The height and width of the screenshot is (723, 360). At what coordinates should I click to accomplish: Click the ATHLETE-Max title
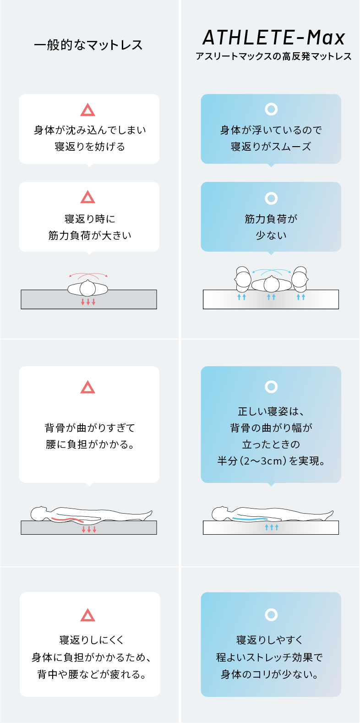pyautogui.click(x=274, y=38)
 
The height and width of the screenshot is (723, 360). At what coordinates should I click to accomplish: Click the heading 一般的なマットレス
pyautogui.click(x=88, y=45)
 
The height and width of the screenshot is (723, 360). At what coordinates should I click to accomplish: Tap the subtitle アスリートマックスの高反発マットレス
pyautogui.click(x=273, y=56)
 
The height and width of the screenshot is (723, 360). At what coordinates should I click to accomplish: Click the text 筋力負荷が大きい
pyautogui.click(x=90, y=236)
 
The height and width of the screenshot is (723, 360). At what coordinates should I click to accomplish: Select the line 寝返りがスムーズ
pyautogui.click(x=271, y=147)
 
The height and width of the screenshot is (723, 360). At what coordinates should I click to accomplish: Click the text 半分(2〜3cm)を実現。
pyautogui.click(x=271, y=460)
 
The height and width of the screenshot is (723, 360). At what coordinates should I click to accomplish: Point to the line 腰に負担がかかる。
pyautogui.click(x=90, y=444)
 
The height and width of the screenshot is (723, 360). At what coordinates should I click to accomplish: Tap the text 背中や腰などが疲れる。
pyautogui.click(x=92, y=674)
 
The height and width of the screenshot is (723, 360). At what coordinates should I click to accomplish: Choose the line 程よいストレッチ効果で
pyautogui.click(x=269, y=657)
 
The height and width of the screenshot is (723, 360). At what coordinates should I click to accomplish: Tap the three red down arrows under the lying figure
pyautogui.click(x=89, y=529)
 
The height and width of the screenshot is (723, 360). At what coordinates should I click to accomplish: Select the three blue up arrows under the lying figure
pyautogui.click(x=271, y=527)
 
